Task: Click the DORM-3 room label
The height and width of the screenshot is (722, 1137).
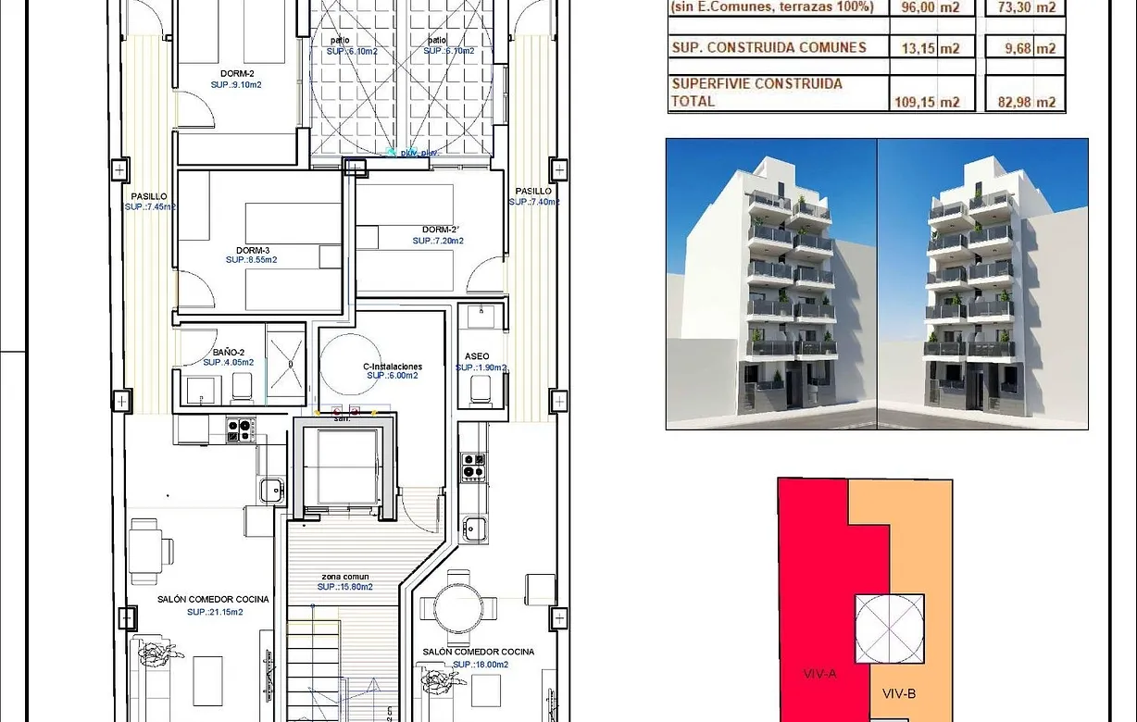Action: [252, 250]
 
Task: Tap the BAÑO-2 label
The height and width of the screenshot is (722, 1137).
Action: [228, 352]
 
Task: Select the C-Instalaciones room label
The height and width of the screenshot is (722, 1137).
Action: [393, 367]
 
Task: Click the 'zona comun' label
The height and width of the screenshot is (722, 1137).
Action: [344, 576]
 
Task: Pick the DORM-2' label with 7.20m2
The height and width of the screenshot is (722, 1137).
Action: [440, 230]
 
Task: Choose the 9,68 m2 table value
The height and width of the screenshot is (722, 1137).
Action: [1028, 48]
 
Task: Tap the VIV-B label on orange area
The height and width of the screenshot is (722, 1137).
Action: [899, 693]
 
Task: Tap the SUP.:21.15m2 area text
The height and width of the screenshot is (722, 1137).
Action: [215, 612]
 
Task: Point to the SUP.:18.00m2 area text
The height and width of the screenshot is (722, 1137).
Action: [478, 664]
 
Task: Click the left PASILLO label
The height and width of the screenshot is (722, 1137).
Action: [148, 196]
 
